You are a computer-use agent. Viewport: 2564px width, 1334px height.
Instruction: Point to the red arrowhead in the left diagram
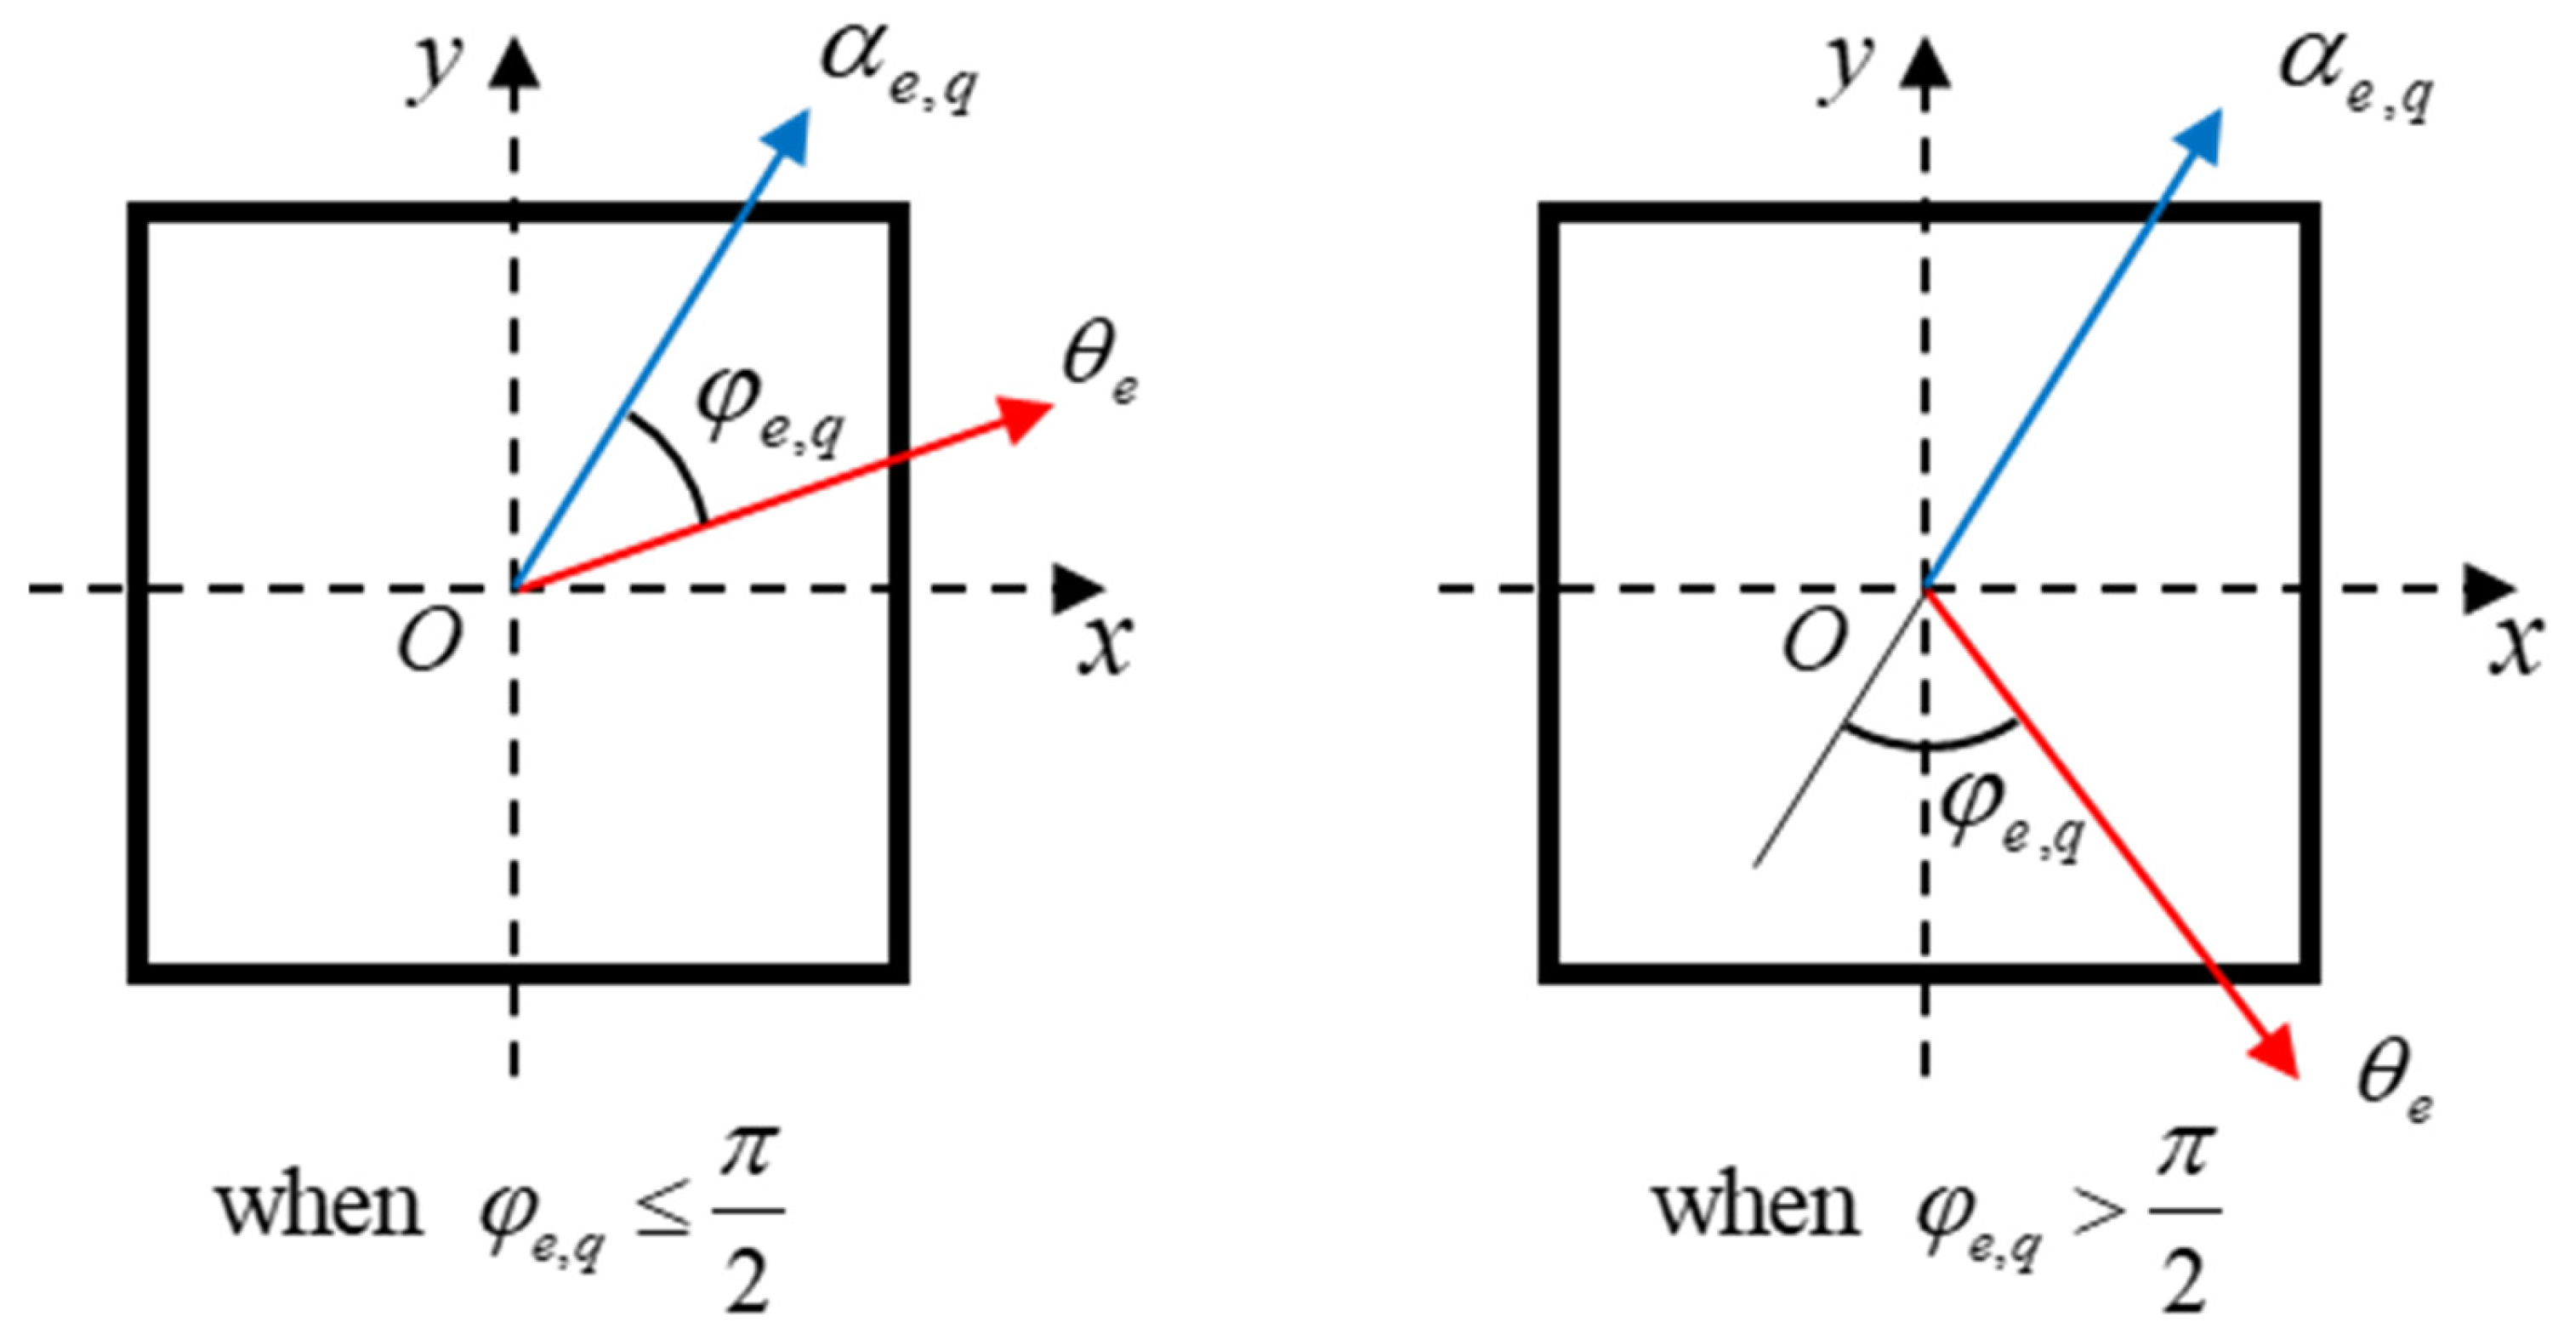pyautogui.click(x=1026, y=416)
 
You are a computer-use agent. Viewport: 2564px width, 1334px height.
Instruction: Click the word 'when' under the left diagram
pyautogui.click(x=320, y=1207)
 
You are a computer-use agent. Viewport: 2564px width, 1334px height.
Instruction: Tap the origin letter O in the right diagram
pyautogui.click(x=1814, y=641)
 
